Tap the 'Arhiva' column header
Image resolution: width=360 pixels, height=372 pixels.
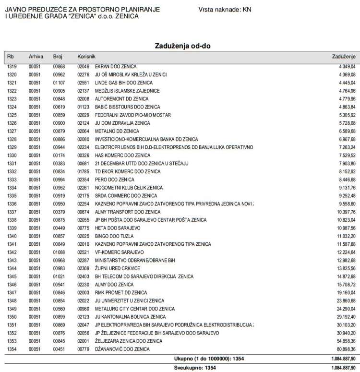36,57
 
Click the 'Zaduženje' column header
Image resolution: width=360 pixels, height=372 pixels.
343,57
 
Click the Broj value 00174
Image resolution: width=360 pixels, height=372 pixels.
59,156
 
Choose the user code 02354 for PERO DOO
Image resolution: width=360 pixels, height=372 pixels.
83,180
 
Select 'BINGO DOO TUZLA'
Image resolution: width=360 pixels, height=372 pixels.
109,236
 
